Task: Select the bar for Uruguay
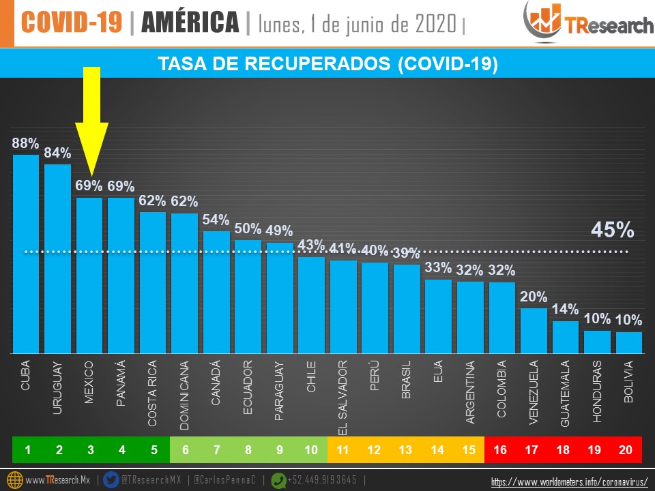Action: (58, 258)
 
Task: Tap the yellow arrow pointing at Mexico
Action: (91, 123)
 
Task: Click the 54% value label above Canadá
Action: (216, 220)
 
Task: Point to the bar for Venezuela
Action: (534, 331)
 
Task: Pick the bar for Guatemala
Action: (566, 337)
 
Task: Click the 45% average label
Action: (612, 230)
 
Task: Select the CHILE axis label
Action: (311, 376)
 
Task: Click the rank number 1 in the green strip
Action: (28, 449)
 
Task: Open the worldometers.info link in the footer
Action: (570, 481)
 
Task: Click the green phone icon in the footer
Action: (278, 479)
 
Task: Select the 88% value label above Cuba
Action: (26, 143)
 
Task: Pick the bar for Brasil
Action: (407, 308)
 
